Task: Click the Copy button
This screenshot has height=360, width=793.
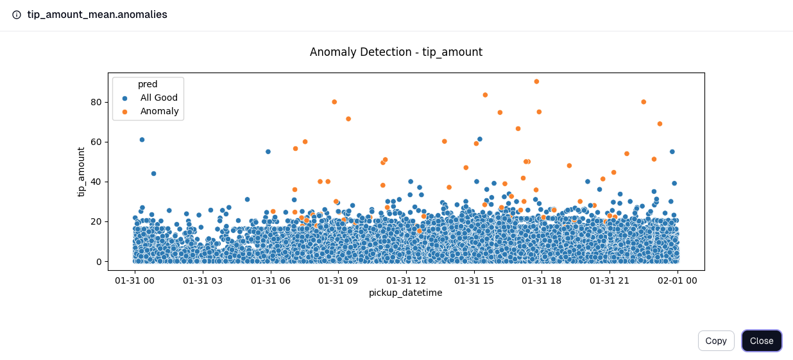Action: pyautogui.click(x=715, y=341)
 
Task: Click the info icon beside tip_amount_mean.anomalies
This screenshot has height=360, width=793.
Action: pyautogui.click(x=17, y=15)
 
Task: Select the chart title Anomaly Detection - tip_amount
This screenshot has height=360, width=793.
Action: pyautogui.click(x=396, y=52)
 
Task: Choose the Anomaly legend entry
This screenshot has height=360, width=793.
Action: pyautogui.click(x=159, y=111)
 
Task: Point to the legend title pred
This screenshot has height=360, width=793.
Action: pyautogui.click(x=148, y=84)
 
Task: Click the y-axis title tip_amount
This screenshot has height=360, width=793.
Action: pyautogui.click(x=81, y=171)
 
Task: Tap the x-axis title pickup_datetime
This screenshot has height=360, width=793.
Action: pyautogui.click(x=405, y=293)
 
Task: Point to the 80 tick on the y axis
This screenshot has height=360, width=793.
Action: pyautogui.click(x=96, y=102)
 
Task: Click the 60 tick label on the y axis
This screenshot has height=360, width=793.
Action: pyautogui.click(x=96, y=142)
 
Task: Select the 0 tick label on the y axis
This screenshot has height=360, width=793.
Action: pyautogui.click(x=99, y=261)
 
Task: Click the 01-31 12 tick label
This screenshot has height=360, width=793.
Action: pyautogui.click(x=406, y=280)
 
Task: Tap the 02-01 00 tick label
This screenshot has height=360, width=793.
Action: pyautogui.click(x=678, y=280)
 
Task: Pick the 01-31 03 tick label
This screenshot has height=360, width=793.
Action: pyautogui.click(x=203, y=280)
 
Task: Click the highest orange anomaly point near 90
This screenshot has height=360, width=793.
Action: pyautogui.click(x=536, y=81)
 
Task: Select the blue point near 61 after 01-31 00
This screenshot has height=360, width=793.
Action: pyautogui.click(x=142, y=139)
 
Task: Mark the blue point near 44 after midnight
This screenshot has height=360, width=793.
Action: pyautogui.click(x=153, y=173)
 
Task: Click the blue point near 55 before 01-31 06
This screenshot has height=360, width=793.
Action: pyautogui.click(x=268, y=151)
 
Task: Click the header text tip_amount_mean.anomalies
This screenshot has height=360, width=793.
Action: pyautogui.click(x=97, y=15)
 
